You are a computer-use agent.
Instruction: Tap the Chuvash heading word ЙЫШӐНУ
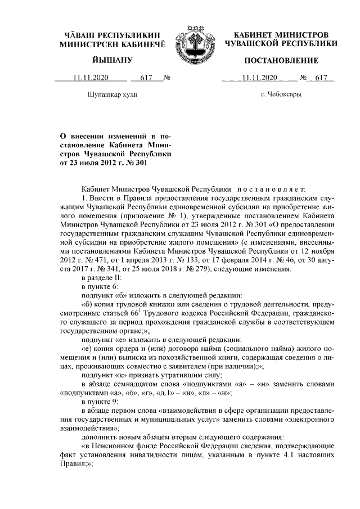pyautogui.click(x=112, y=60)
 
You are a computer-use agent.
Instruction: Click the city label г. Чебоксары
pyautogui.click(x=281, y=94)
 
